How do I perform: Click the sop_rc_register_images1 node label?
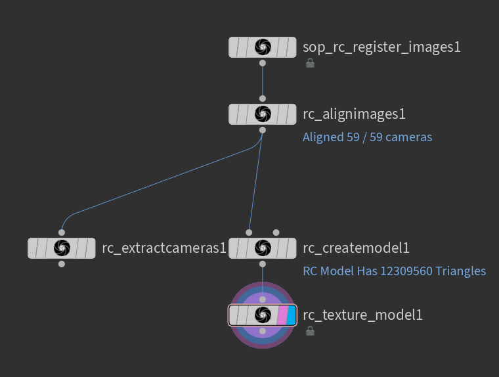click(x=381, y=47)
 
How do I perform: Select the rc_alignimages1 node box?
click(x=263, y=114)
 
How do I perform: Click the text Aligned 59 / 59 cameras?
click(x=367, y=137)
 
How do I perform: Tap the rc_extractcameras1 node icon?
click(x=62, y=248)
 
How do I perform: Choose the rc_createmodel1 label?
click(x=356, y=248)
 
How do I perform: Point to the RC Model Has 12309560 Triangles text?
click(x=394, y=271)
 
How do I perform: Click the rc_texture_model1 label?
click(x=362, y=315)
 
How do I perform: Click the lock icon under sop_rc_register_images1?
click(x=310, y=63)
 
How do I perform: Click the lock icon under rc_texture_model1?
click(x=310, y=331)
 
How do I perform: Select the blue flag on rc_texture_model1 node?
click(x=291, y=315)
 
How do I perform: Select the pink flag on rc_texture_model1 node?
click(x=282, y=315)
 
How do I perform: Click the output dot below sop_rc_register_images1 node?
click(x=263, y=63)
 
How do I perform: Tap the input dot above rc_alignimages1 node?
click(x=263, y=99)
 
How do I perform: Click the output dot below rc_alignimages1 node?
click(x=263, y=130)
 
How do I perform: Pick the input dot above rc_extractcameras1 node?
click(x=62, y=232)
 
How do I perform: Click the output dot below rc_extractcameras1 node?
click(x=62, y=264)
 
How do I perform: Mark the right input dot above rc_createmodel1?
click(x=276, y=232)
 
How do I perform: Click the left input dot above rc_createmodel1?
click(x=249, y=232)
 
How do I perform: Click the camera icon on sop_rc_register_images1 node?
click(x=263, y=47)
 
